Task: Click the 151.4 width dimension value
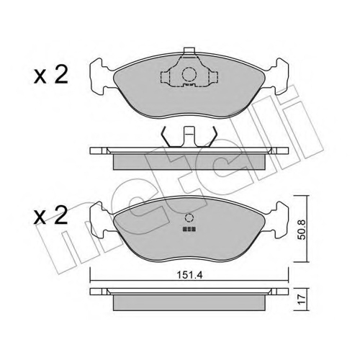point(189,275)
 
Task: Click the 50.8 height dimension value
point(302,230)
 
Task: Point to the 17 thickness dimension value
point(302,299)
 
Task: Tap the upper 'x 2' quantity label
point(50,75)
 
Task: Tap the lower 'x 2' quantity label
point(50,215)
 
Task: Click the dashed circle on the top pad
point(189,74)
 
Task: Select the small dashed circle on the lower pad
point(189,217)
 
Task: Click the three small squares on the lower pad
point(189,229)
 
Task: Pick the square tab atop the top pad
point(189,50)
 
